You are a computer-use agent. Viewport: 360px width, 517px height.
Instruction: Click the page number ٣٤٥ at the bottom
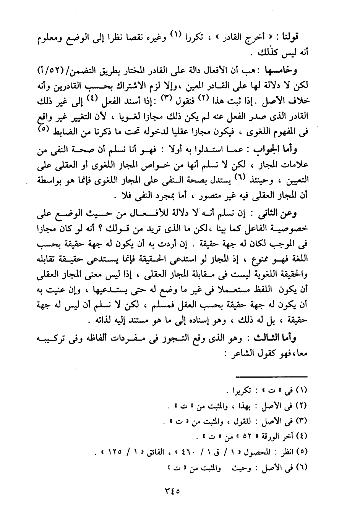tap(170, 491)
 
